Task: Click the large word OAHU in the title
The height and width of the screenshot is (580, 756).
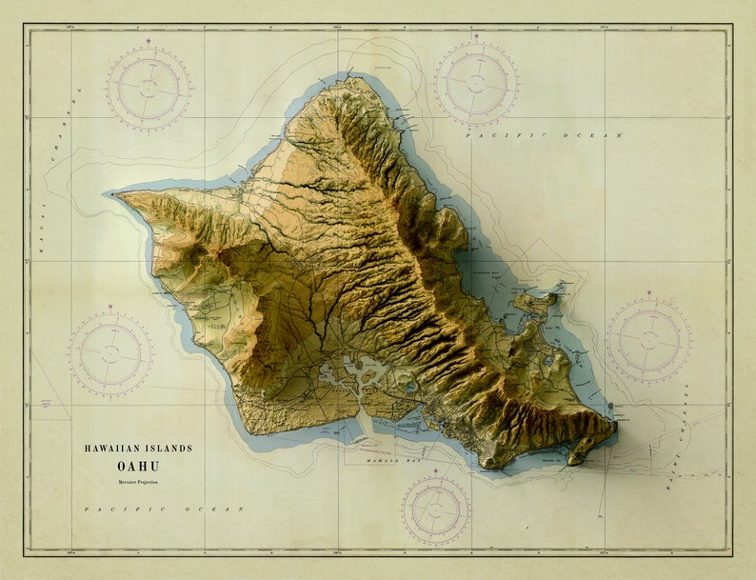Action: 138,466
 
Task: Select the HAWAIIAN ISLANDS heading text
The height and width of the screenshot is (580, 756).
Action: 138,448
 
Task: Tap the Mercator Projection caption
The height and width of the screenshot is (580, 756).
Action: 138,483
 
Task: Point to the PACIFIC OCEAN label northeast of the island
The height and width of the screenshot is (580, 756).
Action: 544,135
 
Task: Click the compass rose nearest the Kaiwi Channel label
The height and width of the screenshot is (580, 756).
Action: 648,340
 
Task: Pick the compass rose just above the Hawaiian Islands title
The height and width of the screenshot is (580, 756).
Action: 109,354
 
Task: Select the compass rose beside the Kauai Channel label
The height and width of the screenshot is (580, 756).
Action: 148,88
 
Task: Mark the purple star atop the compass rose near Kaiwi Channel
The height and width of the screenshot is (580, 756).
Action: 648,293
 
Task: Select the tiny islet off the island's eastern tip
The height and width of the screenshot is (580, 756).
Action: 612,408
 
